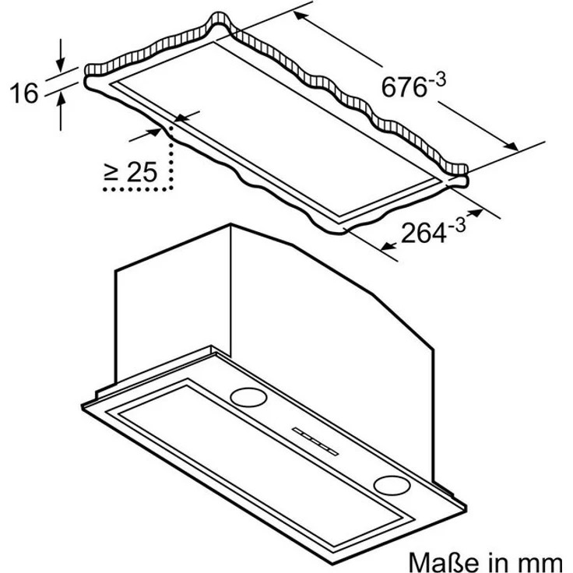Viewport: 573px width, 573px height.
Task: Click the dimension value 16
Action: [x=24, y=93]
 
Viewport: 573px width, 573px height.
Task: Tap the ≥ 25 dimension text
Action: [x=131, y=172]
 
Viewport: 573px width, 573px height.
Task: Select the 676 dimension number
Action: [x=404, y=87]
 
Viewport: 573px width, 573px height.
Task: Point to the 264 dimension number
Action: [x=424, y=233]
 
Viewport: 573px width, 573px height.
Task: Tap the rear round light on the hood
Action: [x=248, y=397]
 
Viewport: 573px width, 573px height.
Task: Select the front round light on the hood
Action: [x=392, y=485]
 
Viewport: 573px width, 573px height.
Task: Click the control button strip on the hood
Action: [x=315, y=441]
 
